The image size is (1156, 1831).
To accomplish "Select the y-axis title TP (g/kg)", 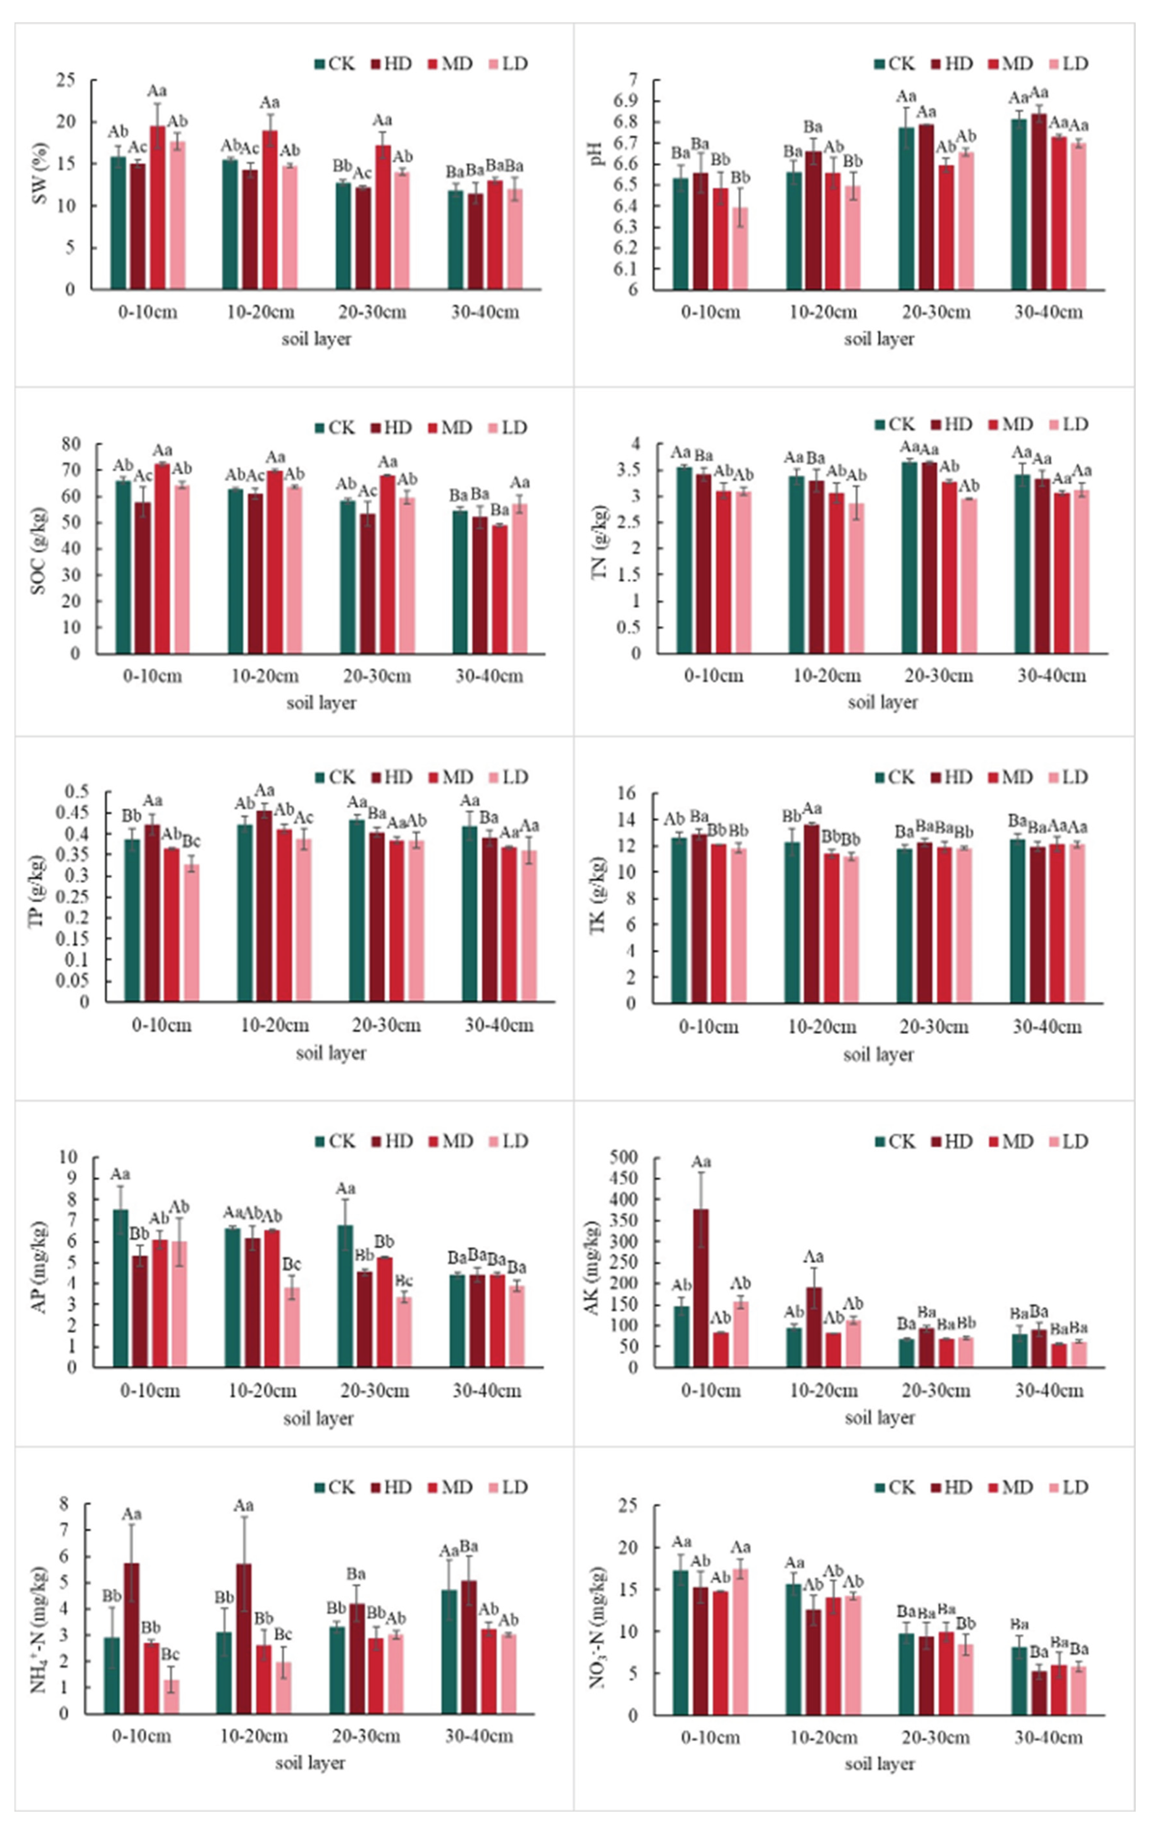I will (37, 891).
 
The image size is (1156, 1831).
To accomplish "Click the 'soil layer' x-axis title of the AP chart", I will (318, 1419).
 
